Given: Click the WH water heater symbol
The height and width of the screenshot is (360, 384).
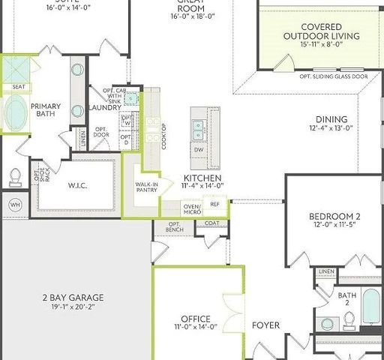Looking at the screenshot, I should coord(14,203).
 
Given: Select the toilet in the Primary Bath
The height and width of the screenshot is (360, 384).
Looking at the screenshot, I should coord(15,177).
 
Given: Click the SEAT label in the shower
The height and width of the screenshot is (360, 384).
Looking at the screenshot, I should coord(18,87).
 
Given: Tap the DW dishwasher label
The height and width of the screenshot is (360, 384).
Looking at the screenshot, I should coord(199,149).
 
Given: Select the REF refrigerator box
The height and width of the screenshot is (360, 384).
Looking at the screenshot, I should coord(214,203).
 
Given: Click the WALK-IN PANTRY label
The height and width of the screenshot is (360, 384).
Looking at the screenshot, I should coord(145,187).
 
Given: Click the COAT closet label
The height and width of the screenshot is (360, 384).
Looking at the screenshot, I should coord(211,223).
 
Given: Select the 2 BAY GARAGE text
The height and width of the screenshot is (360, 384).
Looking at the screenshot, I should coord(72,297).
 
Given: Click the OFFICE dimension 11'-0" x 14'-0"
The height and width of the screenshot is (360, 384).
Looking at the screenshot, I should coord(195,326).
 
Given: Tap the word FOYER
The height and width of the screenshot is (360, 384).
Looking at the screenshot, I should coord(265,325).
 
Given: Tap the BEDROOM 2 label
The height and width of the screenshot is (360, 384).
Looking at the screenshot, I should coord(335,218).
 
